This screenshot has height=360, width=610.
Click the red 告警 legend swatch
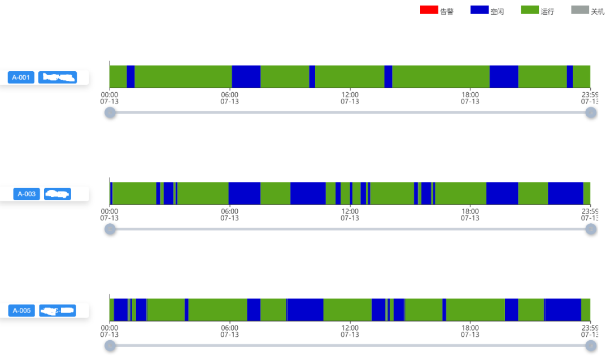click(429, 10)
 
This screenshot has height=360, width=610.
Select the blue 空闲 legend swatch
click(480, 10)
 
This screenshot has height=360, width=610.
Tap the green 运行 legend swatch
click(530, 10)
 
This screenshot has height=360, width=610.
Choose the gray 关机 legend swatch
click(580, 10)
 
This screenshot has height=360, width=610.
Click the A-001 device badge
click(21, 77)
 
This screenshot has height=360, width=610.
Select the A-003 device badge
click(27, 194)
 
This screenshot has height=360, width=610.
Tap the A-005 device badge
click(21, 310)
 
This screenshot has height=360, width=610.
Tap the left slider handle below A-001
click(110, 112)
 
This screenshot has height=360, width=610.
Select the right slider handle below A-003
click(591, 229)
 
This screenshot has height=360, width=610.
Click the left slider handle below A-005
click(110, 345)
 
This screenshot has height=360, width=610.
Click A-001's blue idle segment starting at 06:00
click(246, 77)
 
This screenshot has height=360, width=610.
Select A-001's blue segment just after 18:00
click(504, 77)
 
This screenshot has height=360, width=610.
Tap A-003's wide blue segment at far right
click(565, 193)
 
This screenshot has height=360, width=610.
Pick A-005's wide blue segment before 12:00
click(305, 310)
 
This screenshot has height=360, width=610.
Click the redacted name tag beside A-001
click(57, 77)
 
